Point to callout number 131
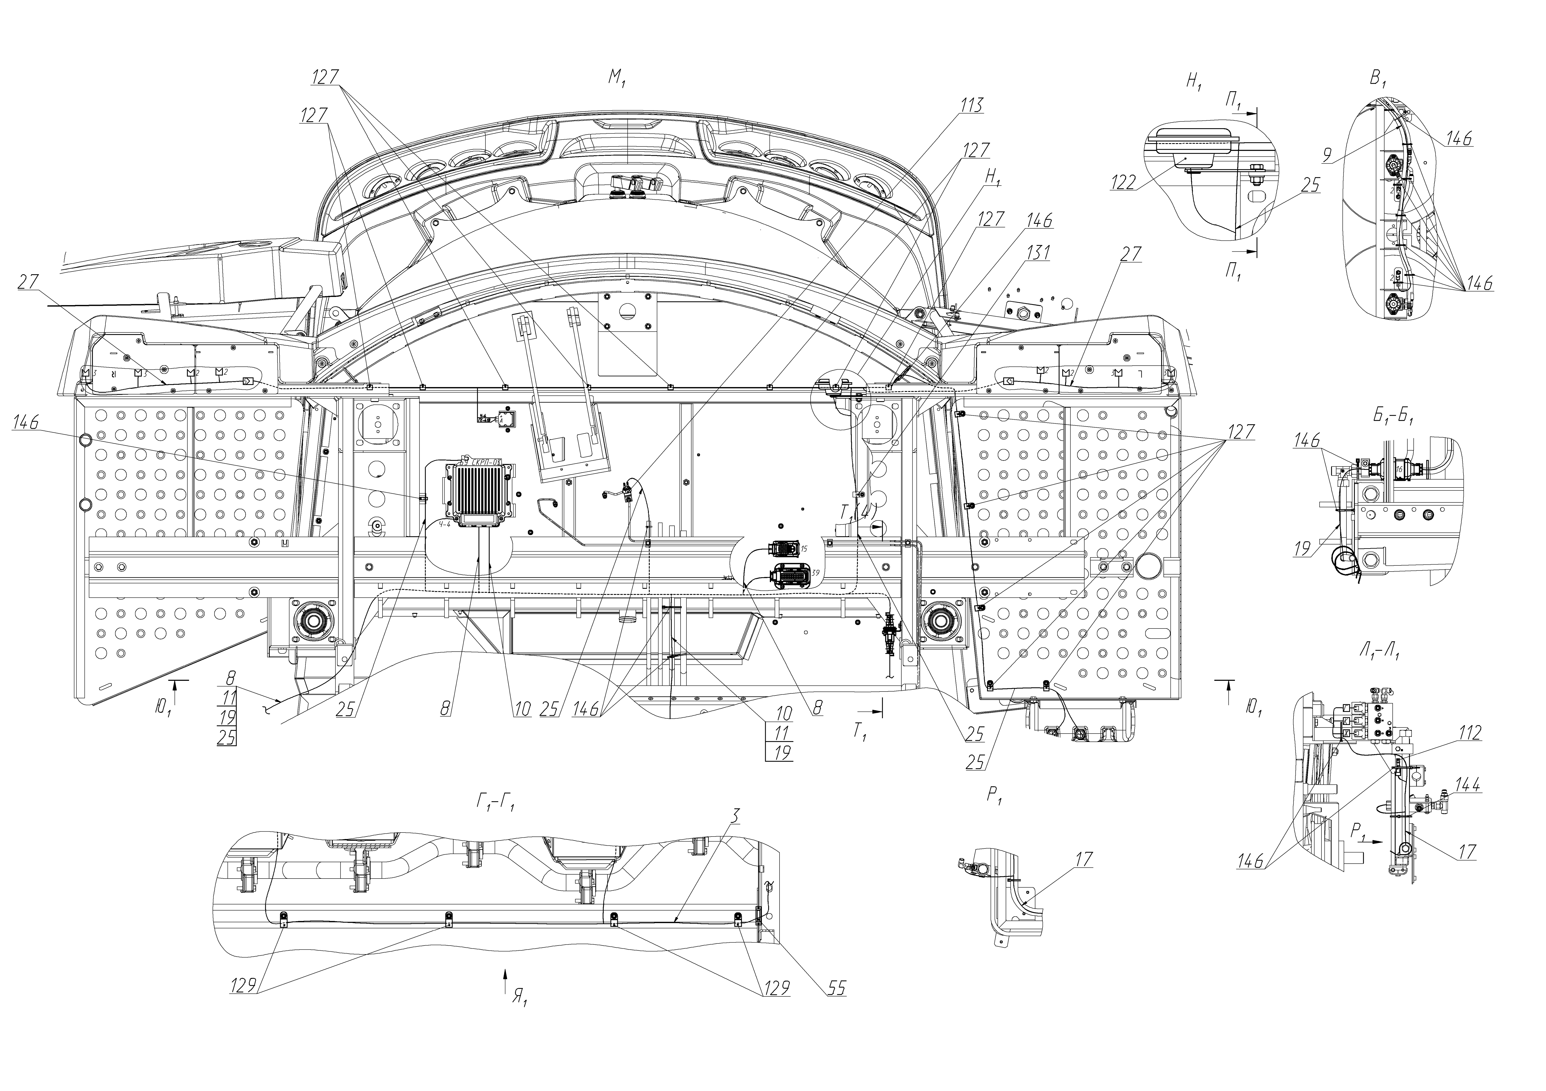pos(1038,253)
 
